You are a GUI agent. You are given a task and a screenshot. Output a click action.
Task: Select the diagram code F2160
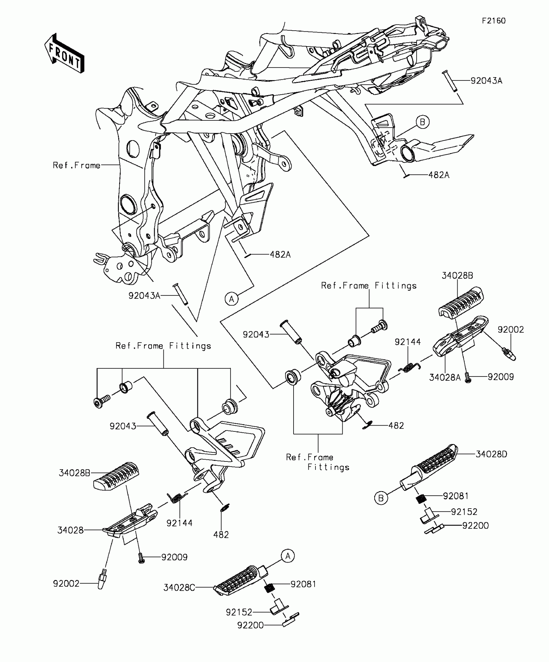(x=493, y=21)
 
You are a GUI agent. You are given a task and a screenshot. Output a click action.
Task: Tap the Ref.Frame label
(x=77, y=165)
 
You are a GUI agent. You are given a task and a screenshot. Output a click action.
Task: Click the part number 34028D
(x=491, y=454)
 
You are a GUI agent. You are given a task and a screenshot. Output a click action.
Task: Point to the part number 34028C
(x=179, y=587)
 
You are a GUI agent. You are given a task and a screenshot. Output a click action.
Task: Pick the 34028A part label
(x=445, y=377)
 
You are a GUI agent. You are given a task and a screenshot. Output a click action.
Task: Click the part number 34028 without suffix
(x=70, y=530)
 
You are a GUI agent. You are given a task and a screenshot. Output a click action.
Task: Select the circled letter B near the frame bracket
(x=422, y=122)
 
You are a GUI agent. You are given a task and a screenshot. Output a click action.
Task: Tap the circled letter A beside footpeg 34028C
(x=287, y=556)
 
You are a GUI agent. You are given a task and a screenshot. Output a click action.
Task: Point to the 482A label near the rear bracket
(x=439, y=175)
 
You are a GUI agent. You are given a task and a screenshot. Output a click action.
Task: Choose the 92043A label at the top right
(x=486, y=81)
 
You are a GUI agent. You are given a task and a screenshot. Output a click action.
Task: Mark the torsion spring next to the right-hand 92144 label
(x=409, y=367)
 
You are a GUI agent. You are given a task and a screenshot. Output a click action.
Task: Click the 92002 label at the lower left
(x=66, y=584)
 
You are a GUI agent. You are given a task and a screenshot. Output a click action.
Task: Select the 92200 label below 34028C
(x=250, y=626)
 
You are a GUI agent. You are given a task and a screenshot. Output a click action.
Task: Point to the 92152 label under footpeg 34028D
(x=464, y=512)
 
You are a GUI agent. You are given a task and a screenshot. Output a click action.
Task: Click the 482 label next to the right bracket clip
(x=396, y=426)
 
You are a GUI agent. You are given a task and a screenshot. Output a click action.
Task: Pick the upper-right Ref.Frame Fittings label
(x=368, y=286)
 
